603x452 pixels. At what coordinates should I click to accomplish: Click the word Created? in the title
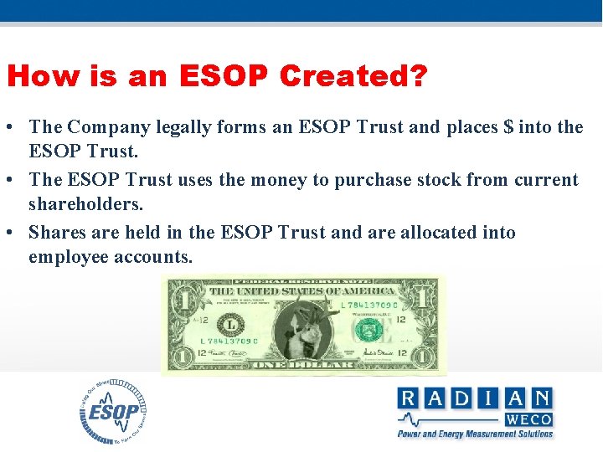point(353,77)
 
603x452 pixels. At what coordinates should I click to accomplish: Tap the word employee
point(70,256)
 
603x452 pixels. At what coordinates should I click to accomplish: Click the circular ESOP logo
point(114,411)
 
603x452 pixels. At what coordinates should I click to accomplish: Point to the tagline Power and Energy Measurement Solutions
point(475,434)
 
